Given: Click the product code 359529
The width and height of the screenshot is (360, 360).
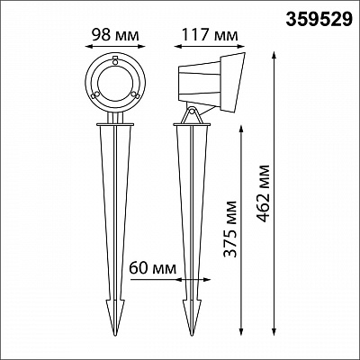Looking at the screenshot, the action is pos(319,19).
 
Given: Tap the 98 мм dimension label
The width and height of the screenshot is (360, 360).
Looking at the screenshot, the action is pos(115,34).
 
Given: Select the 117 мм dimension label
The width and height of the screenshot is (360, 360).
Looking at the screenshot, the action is pos(210,34).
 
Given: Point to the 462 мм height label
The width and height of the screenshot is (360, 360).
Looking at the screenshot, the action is pos(263,193).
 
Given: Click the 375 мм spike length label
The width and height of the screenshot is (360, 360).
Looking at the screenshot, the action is pos(230,229).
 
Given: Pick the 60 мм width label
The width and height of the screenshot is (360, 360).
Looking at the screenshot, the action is pos(152,267).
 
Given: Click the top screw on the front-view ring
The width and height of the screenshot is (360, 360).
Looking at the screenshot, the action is pos(115,60).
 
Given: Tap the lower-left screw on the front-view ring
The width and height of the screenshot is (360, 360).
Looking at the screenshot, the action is pos(94,95).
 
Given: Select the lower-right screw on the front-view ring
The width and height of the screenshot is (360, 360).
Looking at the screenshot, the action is pos(135,95).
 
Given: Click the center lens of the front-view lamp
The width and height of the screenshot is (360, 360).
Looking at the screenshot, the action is pos(115,83).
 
